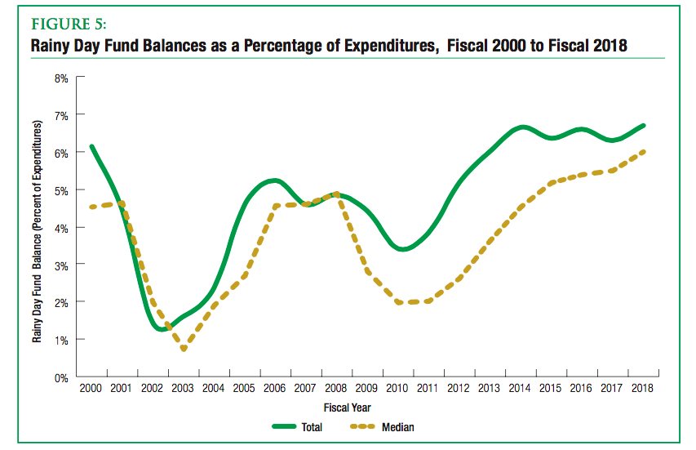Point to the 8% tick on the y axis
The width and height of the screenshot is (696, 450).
(x=62, y=78)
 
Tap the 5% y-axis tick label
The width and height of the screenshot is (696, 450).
(x=62, y=190)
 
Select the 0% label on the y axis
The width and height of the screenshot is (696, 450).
(x=62, y=377)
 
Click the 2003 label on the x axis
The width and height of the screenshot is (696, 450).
(x=182, y=389)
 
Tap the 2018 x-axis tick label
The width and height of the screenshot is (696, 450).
(x=643, y=389)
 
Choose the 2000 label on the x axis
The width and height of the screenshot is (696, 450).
(x=91, y=389)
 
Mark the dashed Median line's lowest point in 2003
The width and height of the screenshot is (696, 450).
(x=184, y=350)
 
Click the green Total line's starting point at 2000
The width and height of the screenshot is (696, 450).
(x=91, y=147)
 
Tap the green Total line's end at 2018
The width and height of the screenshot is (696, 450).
(x=644, y=125)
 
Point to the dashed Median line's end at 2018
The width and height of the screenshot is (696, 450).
(x=644, y=151)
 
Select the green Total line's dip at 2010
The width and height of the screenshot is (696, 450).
(x=401, y=249)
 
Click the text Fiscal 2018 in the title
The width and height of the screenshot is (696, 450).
(x=586, y=46)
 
